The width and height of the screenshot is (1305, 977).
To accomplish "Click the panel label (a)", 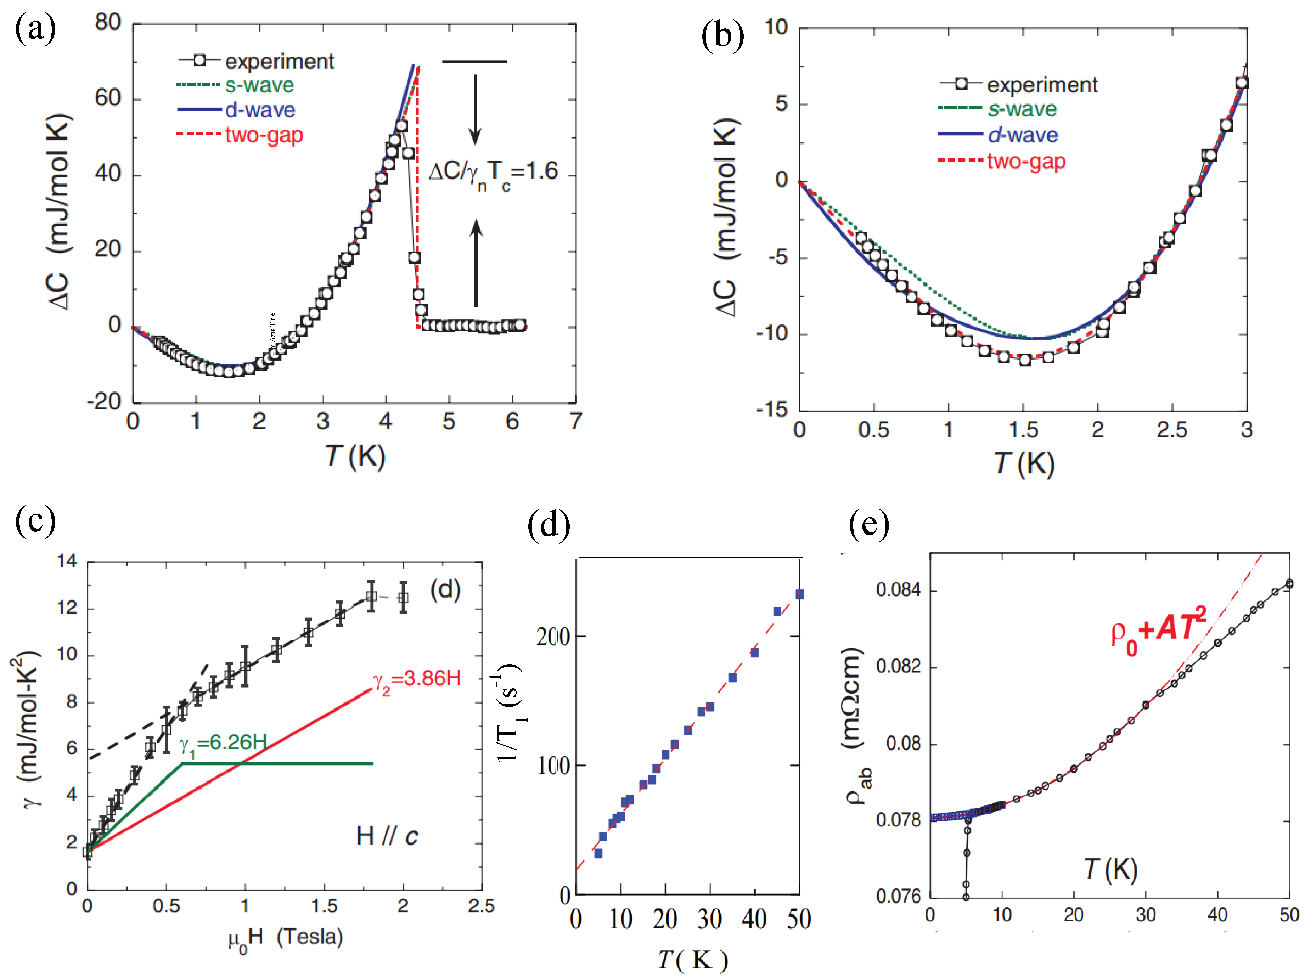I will [x=35, y=28].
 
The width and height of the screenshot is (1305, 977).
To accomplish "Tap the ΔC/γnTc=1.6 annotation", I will [x=493, y=174].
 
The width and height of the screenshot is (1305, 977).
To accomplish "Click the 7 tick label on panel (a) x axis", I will [x=575, y=421].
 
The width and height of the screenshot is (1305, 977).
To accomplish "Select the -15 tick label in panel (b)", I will [x=773, y=409].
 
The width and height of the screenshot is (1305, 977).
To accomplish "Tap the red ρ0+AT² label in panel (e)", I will [x=1158, y=629].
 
